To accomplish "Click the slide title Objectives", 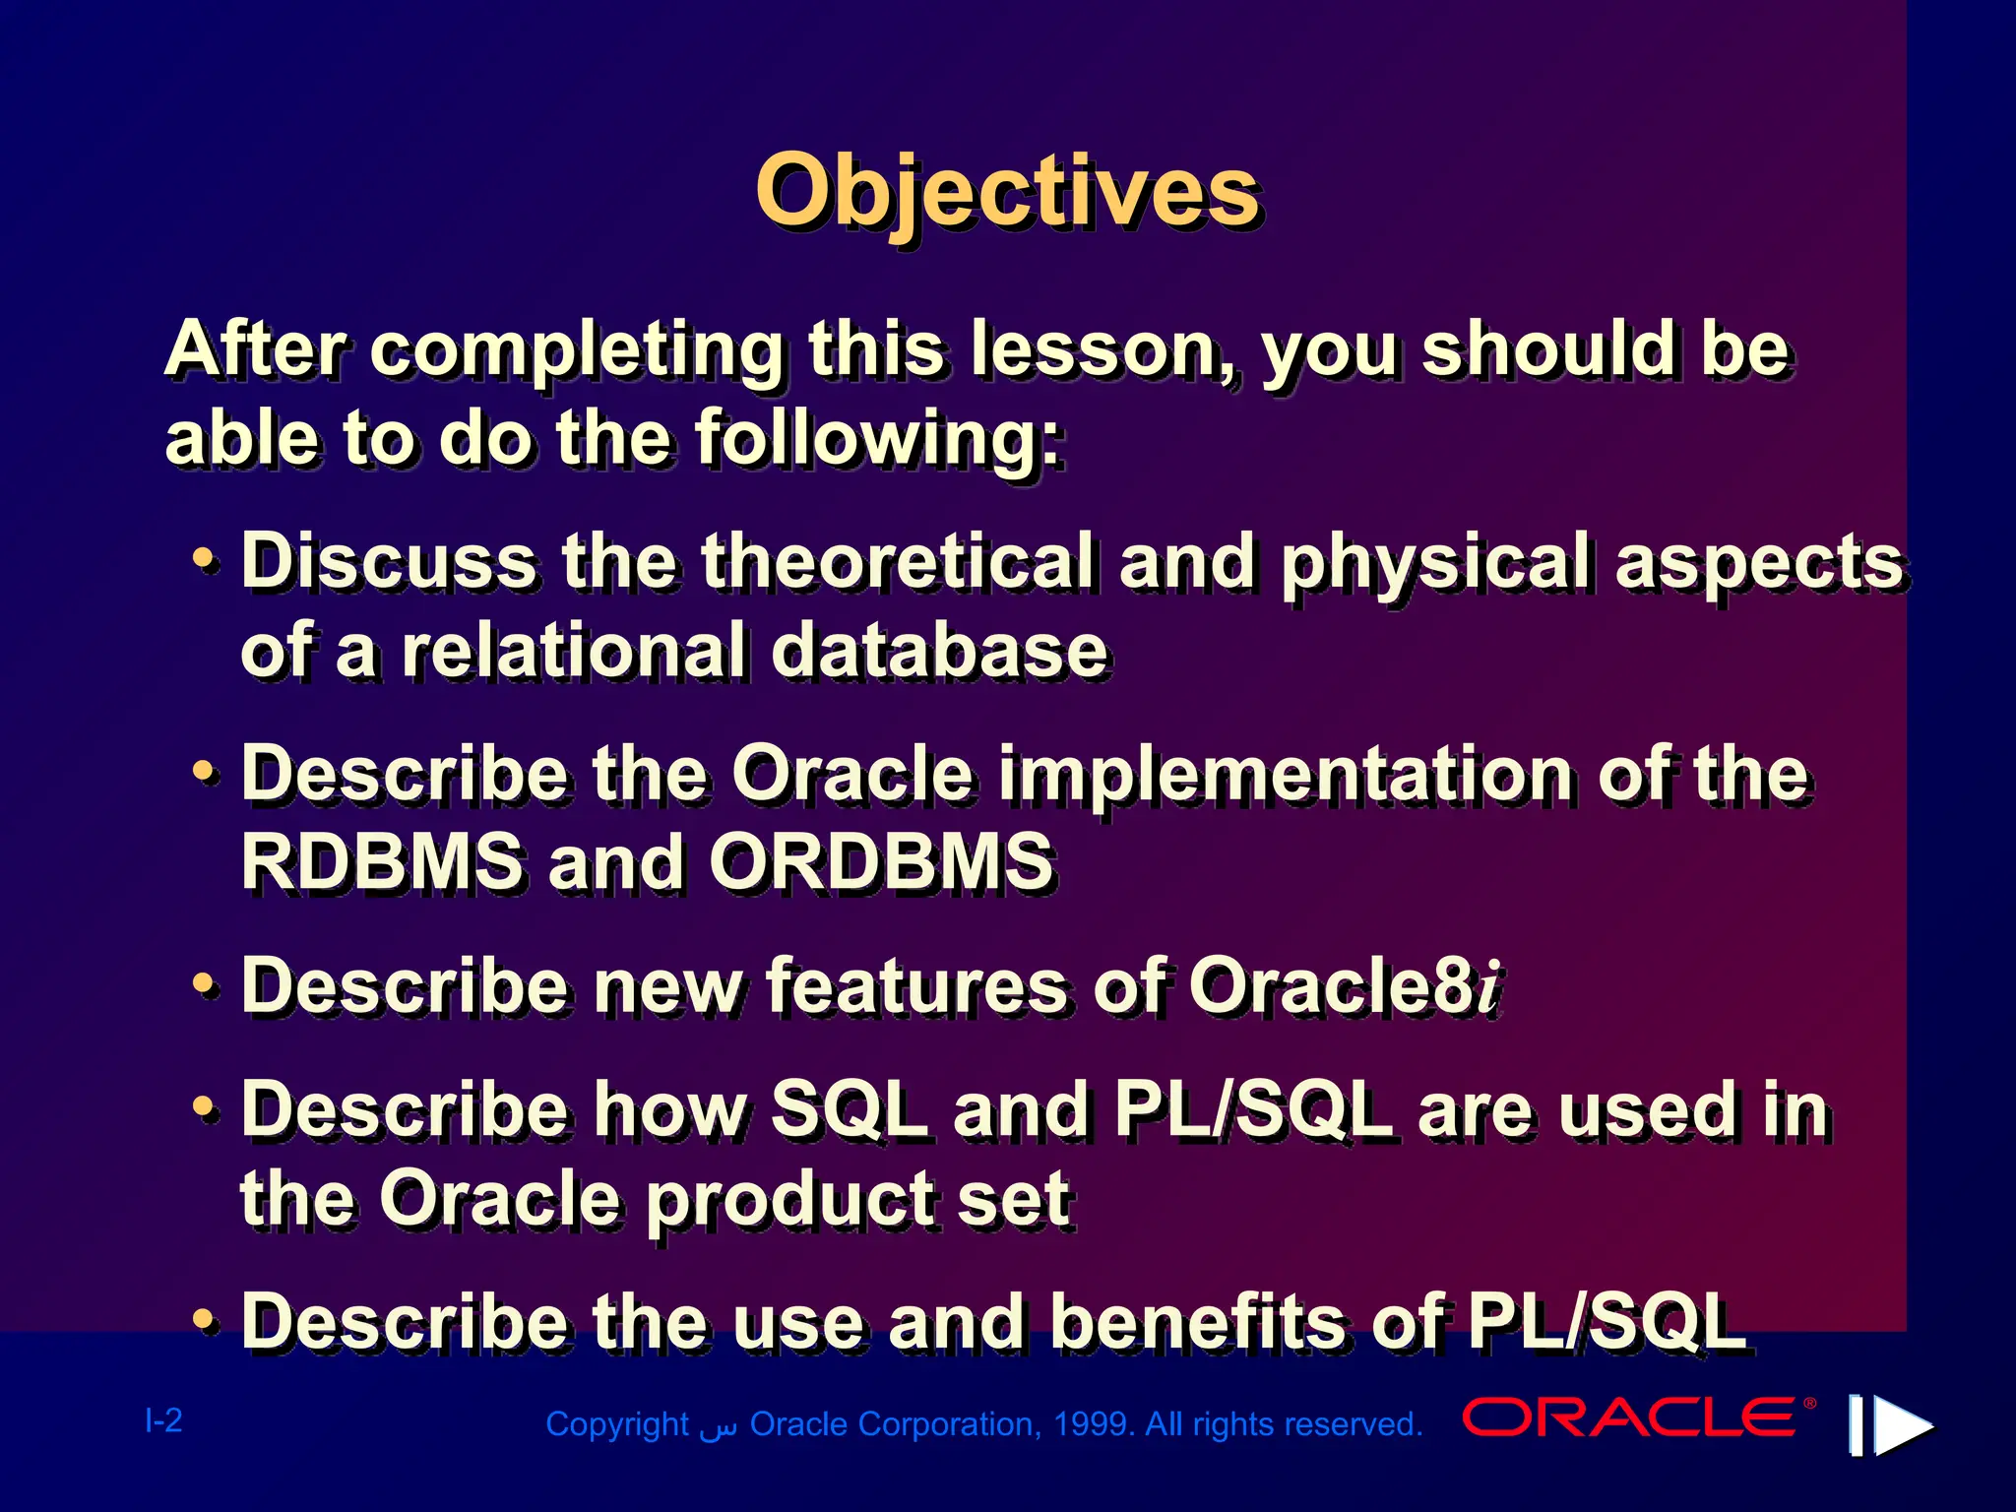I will pyautogui.click(x=1007, y=192).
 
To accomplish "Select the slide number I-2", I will pyautogui.click(x=163, y=1420).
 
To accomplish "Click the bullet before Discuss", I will pyautogui.click(x=204, y=559).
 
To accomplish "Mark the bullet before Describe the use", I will pyautogui.click(x=204, y=1319).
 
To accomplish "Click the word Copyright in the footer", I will pyautogui.click(x=617, y=1424).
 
